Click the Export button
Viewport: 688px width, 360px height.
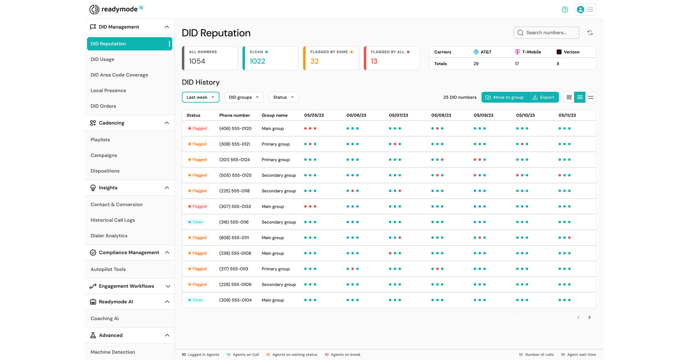[544, 97]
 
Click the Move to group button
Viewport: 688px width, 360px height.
[505, 97]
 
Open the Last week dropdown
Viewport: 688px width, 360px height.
[200, 97]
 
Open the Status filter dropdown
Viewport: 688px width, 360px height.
[283, 97]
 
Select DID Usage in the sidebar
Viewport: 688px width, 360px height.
[102, 59]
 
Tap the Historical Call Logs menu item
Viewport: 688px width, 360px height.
[112, 220]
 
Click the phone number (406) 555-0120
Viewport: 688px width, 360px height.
[235, 129]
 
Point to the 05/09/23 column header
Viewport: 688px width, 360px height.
[483, 115]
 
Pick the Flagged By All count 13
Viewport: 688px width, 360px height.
[374, 61]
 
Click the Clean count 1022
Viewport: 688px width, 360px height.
[257, 61]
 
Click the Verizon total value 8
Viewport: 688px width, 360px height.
[558, 64]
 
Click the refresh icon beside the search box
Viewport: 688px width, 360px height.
[590, 33]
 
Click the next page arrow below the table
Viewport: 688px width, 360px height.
[589, 317]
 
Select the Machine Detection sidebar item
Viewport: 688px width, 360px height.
[112, 352]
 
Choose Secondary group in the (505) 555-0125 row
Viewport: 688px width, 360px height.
[279, 175]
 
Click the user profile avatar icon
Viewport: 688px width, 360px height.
[580, 10]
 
